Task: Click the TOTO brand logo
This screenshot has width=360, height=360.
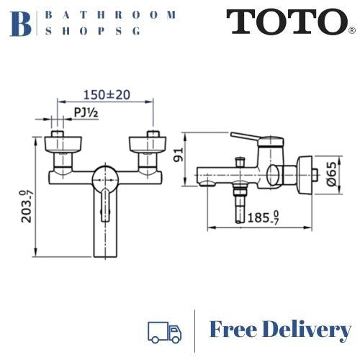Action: pyautogui.click(x=288, y=22)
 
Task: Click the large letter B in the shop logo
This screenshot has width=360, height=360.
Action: pyautogui.click(x=23, y=22)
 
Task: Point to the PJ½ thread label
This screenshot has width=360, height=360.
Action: pyautogui.click(x=87, y=112)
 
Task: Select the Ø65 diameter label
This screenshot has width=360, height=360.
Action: pyautogui.click(x=330, y=173)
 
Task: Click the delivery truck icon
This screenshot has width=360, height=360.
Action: pyautogui.click(x=163, y=330)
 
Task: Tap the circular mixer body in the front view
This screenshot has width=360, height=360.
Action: pyautogui.click(x=107, y=177)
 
